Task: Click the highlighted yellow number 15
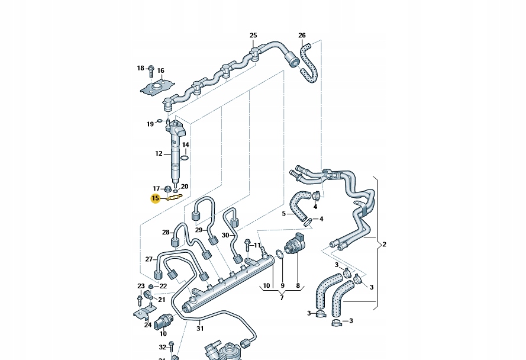(x=156, y=198)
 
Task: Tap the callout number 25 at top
(x=253, y=36)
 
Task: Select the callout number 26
(x=302, y=36)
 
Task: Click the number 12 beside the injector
(x=159, y=153)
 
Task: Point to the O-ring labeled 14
(x=185, y=157)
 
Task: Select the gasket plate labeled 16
(x=156, y=89)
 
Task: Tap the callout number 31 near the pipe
(x=200, y=329)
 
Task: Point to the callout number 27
(x=149, y=259)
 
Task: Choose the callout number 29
(x=199, y=230)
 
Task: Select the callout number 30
(x=225, y=235)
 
